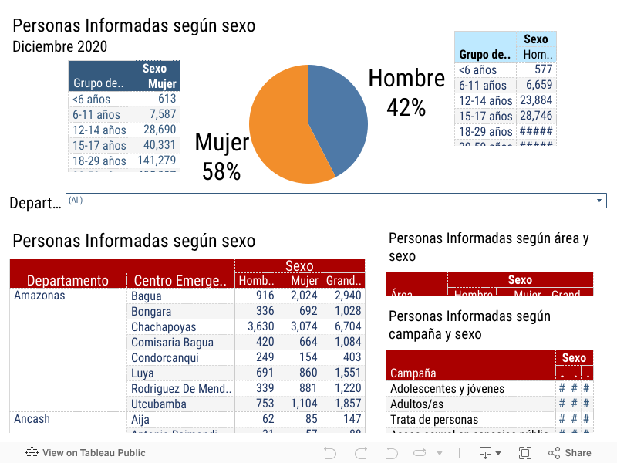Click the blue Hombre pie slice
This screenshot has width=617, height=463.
[338, 116]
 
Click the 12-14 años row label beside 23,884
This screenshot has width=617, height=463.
[485, 100]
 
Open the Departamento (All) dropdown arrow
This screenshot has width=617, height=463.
[599, 201]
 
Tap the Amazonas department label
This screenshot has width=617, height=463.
[39, 296]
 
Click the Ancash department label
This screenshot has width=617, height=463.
[32, 419]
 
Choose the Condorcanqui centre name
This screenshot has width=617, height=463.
[164, 358]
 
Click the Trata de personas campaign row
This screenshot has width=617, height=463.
[433, 420]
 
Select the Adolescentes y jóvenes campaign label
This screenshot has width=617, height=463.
[447, 389]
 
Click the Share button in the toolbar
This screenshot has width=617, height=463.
[570, 453]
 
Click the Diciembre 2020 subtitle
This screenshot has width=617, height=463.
[59, 47]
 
